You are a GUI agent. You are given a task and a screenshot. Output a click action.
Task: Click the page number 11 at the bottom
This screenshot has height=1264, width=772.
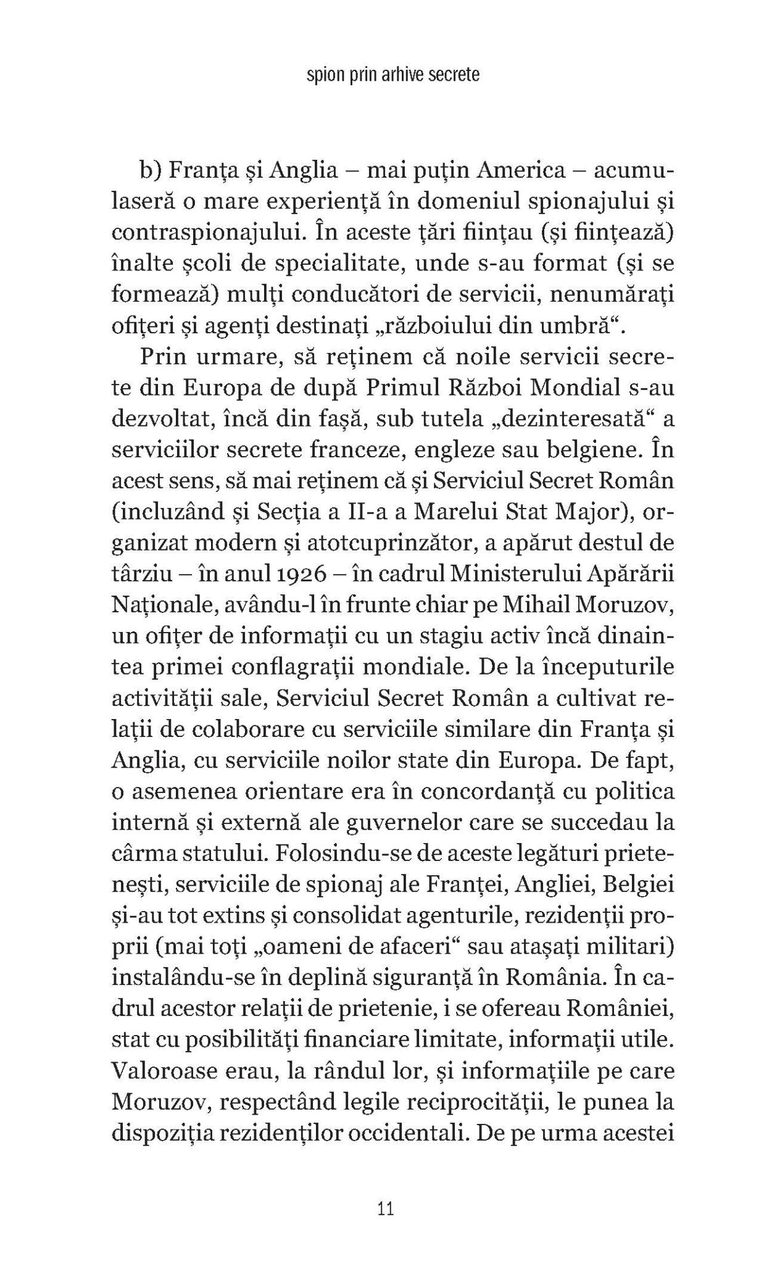tap(386, 1208)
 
